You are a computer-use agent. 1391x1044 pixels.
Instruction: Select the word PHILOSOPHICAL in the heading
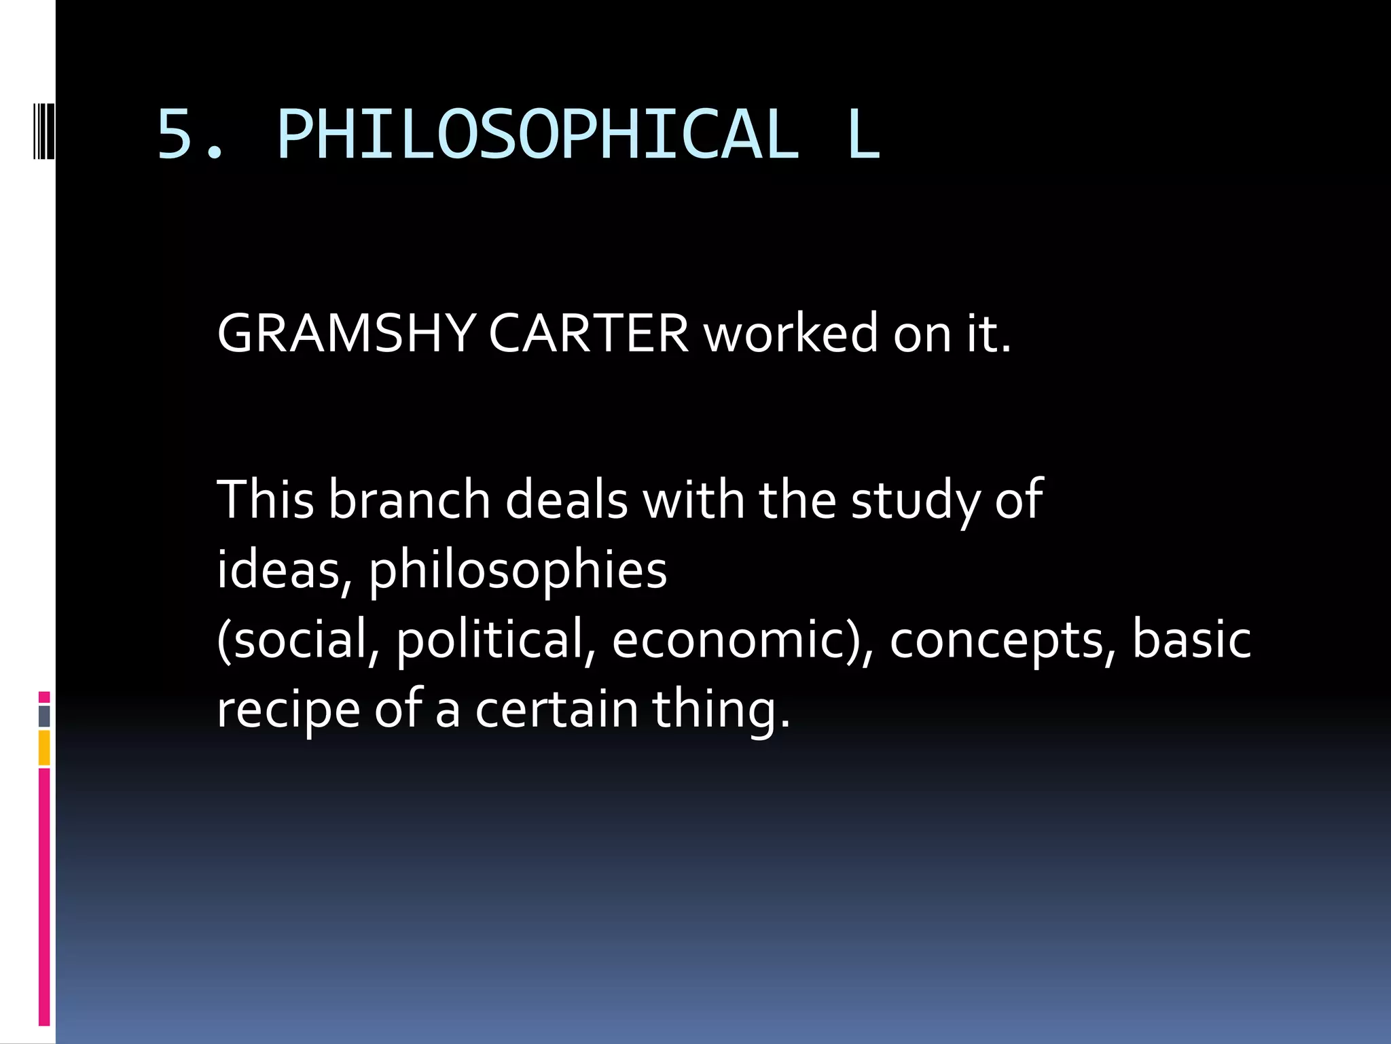[x=537, y=135]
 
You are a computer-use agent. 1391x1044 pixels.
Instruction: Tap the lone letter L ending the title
[x=863, y=135]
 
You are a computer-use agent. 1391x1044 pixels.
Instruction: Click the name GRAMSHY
[x=345, y=334]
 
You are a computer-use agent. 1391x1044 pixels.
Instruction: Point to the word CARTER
[x=588, y=334]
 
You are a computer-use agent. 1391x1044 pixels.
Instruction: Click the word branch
[x=409, y=500]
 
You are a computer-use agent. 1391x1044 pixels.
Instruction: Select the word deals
[x=566, y=500]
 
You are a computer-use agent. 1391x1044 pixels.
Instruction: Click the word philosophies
[x=518, y=571]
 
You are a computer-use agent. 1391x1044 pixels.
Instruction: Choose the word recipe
[x=288, y=710]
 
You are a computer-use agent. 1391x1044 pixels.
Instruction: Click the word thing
[x=721, y=710]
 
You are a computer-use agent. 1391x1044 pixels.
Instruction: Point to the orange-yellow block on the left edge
[x=44, y=747]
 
